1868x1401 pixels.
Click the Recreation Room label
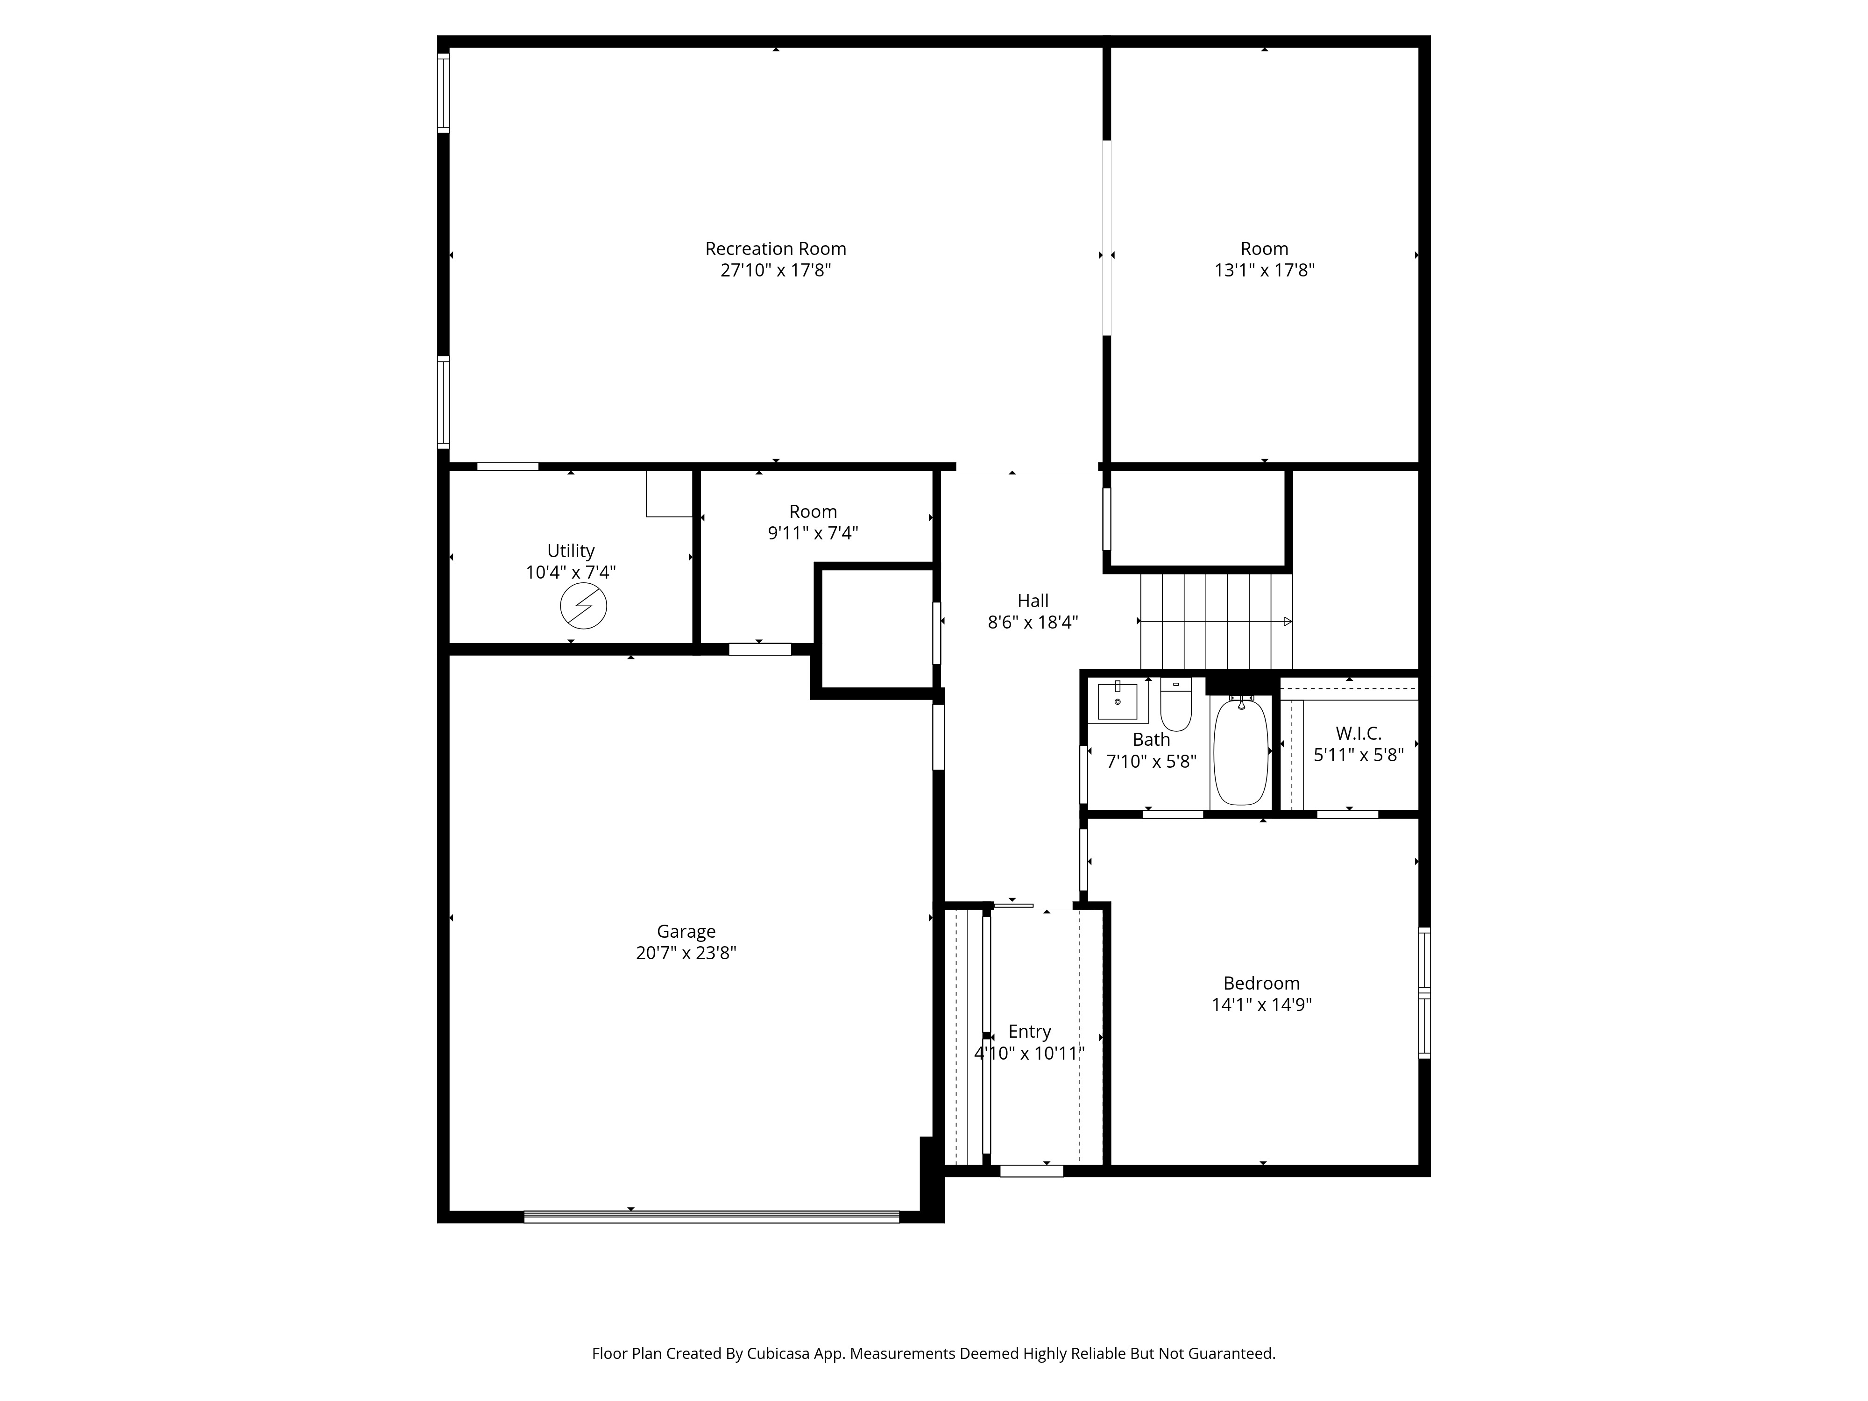775,249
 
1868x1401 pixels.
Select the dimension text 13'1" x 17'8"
1264,270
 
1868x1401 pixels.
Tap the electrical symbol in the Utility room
584,606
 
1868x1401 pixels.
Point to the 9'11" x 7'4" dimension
813,533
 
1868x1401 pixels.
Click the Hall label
1033,601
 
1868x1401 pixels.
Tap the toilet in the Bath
1175,705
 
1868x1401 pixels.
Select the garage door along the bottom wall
712,1217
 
